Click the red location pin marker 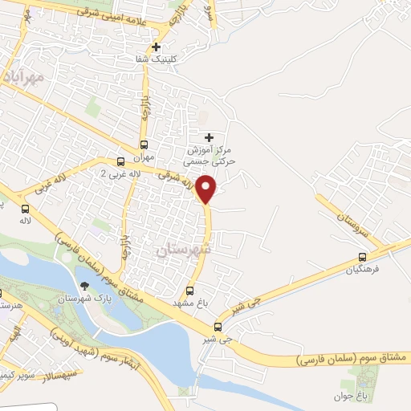(x=206, y=189)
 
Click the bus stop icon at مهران (x=144, y=145)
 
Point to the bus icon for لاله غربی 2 (x=120, y=161)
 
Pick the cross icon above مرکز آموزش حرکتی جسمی (x=210, y=138)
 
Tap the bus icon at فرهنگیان (x=362, y=258)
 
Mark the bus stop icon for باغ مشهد (x=190, y=291)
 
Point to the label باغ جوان (x=350, y=397)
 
